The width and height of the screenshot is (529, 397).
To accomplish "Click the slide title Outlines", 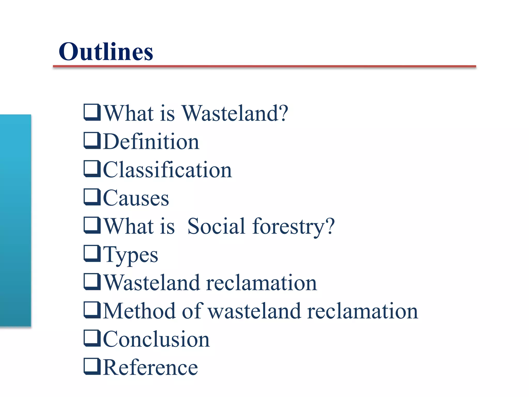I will click(x=106, y=52).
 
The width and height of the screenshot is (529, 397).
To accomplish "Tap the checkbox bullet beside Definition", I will click(x=92, y=141).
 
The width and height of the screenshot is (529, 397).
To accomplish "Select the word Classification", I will click(x=168, y=170).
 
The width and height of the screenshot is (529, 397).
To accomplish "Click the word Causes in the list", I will click(x=136, y=198).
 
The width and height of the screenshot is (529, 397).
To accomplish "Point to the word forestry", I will click(x=288, y=227).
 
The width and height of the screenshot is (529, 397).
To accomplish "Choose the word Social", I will click(x=216, y=226).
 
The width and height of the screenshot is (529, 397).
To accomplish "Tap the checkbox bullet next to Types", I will click(x=92, y=254).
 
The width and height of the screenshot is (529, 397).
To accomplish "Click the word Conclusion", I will click(x=157, y=339).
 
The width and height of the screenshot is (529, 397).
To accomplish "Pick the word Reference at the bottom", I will click(x=151, y=368).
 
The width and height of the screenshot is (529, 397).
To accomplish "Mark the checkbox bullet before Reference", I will click(x=92, y=367).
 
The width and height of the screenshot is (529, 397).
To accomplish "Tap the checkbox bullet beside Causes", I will click(x=92, y=197).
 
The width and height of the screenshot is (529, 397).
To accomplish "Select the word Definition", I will click(x=151, y=142).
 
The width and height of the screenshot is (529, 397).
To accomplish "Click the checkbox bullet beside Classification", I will click(x=92, y=169).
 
